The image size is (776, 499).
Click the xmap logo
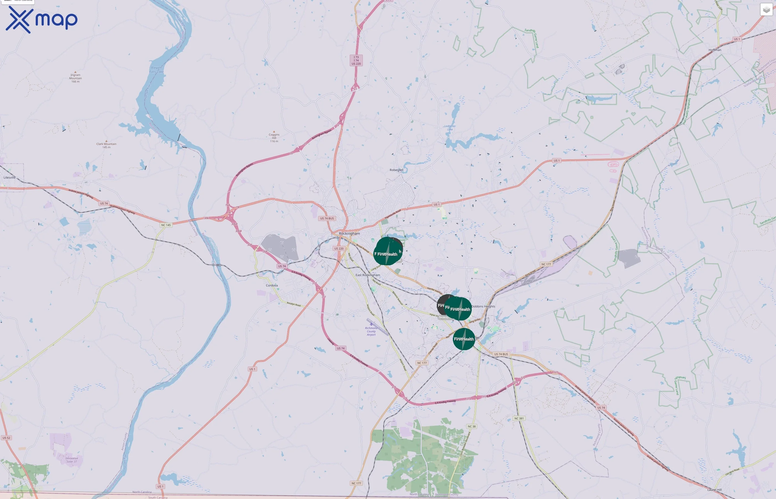coord(42,19)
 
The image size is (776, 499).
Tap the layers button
coord(766,10)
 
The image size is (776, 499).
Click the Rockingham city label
coord(349,233)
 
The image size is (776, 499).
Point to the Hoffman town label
coord(715,50)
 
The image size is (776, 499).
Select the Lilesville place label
coord(9,178)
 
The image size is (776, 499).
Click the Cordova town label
coord(272,286)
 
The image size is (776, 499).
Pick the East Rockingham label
coord(367,275)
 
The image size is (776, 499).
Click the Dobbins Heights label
coord(483,306)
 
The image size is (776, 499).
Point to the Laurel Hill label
coord(714,490)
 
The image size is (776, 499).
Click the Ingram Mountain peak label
coord(75,78)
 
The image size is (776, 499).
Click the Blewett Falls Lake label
coord(157,70)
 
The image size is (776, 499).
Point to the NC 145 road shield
coord(166,225)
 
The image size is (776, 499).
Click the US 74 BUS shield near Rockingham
coord(327,218)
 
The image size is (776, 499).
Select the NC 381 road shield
coord(519,418)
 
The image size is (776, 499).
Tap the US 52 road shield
coord(6,438)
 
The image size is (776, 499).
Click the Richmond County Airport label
coord(371,331)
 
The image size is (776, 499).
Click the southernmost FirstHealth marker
coord(464,339)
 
